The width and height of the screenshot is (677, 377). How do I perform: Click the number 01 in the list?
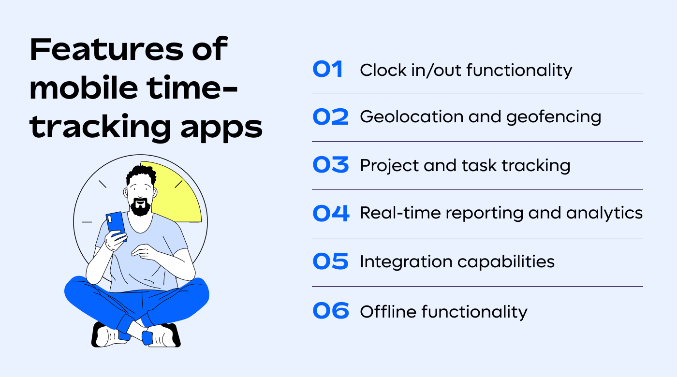click(x=328, y=70)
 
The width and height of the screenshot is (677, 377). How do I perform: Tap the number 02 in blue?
click(x=330, y=117)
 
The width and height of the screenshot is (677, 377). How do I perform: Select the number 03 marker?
click(x=330, y=165)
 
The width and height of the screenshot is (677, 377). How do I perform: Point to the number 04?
click(x=331, y=214)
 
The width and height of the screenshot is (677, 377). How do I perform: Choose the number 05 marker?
click(x=330, y=262)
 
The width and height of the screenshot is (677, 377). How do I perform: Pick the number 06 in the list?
click(x=331, y=311)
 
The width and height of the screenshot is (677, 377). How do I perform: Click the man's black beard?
click(x=140, y=207)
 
